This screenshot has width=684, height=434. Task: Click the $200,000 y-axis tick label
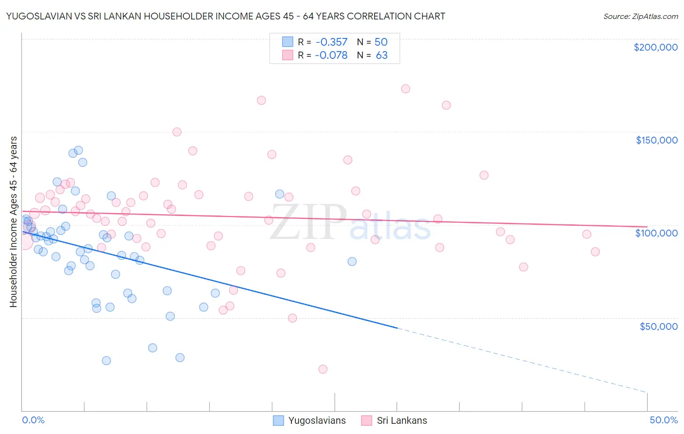655,47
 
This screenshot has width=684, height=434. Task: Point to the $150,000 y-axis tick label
656,140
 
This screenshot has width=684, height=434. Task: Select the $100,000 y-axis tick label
656,233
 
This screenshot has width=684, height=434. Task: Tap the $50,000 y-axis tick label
658,326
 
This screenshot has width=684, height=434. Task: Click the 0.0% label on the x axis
33,420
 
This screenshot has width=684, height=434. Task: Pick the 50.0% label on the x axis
664,420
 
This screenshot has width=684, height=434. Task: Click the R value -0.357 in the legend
331,42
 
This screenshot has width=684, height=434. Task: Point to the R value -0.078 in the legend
331,55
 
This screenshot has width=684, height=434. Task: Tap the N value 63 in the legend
382,55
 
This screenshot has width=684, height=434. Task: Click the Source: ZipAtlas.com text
640,16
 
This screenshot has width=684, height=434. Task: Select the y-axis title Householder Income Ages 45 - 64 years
13,221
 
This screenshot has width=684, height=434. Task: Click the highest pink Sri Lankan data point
405,89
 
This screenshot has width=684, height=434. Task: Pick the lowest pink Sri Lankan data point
323,369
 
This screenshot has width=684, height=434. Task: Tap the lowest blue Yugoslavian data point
106,361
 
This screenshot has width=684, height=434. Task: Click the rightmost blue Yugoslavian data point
352,261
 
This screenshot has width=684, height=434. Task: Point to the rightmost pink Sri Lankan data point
595,252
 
